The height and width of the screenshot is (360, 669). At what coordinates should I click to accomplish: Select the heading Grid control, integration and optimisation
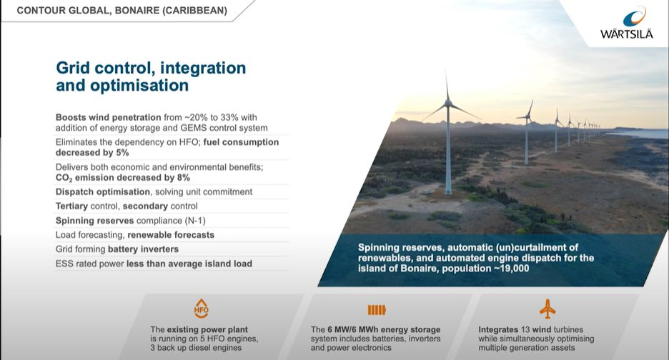(151, 76)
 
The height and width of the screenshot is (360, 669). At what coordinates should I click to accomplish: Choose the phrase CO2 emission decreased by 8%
(123, 178)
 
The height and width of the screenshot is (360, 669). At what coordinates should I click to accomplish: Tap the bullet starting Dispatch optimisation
(154, 191)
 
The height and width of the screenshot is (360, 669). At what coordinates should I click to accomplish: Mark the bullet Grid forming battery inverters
(117, 249)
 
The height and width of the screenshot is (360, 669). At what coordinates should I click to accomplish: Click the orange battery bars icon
(376, 309)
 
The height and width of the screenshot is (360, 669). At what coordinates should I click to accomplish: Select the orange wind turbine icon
(548, 309)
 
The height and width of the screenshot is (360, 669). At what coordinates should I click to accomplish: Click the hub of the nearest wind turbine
(448, 104)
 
